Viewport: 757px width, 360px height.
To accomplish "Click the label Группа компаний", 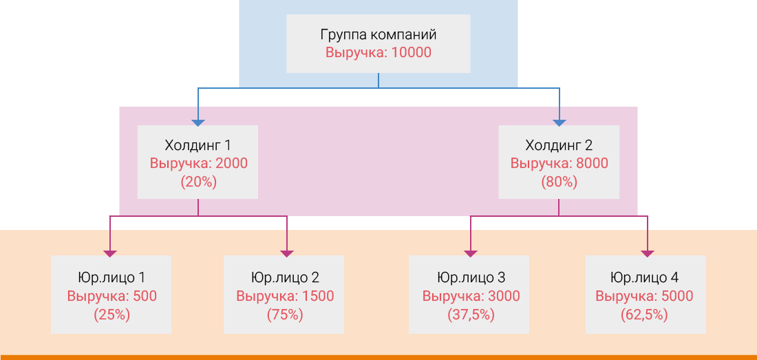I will point(378,34).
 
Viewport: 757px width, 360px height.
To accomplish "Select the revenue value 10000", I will point(411,52).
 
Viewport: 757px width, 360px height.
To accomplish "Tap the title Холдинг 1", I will point(198,145).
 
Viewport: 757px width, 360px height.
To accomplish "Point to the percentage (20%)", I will point(198,182).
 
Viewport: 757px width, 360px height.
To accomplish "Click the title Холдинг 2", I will point(559,145).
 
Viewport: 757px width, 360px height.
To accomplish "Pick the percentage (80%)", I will point(559,182).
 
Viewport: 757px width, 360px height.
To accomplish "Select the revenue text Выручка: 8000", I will point(559,164).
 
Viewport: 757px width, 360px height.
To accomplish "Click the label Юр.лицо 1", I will point(111,278).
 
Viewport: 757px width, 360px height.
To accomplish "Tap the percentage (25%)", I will point(111,315).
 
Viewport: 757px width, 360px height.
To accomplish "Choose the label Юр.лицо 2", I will point(285,278).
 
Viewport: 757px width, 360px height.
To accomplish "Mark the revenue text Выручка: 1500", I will point(285,297).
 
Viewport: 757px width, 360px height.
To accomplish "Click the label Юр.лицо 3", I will point(471,278).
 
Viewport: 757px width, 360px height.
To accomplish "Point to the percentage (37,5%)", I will point(471,315).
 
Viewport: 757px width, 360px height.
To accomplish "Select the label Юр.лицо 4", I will point(644,278).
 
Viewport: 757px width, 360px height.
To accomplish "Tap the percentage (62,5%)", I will point(644,315).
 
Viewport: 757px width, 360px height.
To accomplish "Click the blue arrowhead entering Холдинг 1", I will point(198,123).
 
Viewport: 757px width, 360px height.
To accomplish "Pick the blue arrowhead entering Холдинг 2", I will point(559,123).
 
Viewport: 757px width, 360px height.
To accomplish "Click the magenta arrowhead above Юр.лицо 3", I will point(471,253).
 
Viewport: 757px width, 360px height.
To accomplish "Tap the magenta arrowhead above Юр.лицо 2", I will point(286,253).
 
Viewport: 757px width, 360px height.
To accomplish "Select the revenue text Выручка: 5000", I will point(644,297).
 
